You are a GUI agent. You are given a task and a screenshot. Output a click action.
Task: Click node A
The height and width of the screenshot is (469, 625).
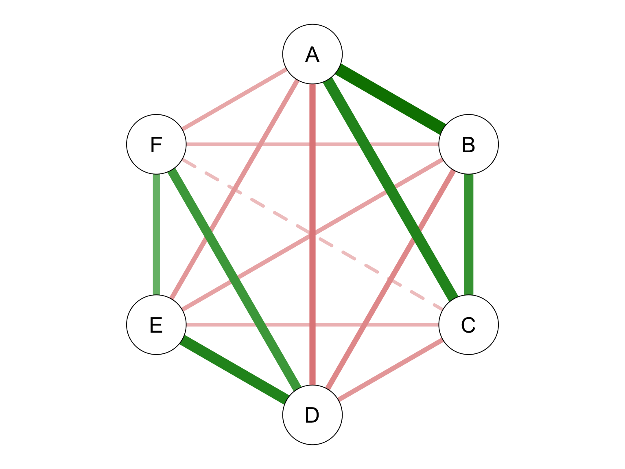312,54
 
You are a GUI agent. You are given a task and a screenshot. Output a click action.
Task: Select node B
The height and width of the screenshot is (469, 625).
468,145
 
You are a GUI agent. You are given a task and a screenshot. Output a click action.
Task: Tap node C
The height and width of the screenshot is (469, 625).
468,324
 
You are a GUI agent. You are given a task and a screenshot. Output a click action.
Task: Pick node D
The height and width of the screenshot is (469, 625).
312,415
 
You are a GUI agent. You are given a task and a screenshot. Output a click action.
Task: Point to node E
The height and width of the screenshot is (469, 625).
156,324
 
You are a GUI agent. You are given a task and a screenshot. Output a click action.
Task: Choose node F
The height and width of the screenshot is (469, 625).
156,145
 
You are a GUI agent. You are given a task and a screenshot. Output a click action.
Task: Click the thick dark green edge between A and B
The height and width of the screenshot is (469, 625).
390,99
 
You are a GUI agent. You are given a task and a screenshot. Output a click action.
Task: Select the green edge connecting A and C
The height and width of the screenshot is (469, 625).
390,189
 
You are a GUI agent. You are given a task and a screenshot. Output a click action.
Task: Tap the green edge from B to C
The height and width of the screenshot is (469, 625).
468,234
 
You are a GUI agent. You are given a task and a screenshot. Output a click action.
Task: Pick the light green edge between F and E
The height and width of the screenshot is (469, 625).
156,234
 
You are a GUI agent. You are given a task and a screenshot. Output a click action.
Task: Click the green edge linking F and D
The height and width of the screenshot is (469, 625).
234,280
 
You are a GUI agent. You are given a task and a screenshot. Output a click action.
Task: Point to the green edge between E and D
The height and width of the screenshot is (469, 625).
234,370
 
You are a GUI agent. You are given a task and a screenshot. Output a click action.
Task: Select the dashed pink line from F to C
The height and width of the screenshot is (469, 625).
312,234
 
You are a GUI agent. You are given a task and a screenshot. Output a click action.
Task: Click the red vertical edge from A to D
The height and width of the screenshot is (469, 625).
312,234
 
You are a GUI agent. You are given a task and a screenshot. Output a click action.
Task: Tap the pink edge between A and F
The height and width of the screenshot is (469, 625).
234,99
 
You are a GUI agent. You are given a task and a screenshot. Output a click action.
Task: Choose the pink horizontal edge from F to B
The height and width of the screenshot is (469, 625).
312,145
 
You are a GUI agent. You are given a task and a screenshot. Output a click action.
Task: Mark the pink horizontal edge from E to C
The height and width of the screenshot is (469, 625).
312,324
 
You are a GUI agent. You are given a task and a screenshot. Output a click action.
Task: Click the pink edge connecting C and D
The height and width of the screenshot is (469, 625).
390,370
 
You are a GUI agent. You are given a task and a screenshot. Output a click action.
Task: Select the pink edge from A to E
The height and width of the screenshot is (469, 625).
234,189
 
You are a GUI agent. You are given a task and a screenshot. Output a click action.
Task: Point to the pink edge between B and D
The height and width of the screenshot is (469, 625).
390,280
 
